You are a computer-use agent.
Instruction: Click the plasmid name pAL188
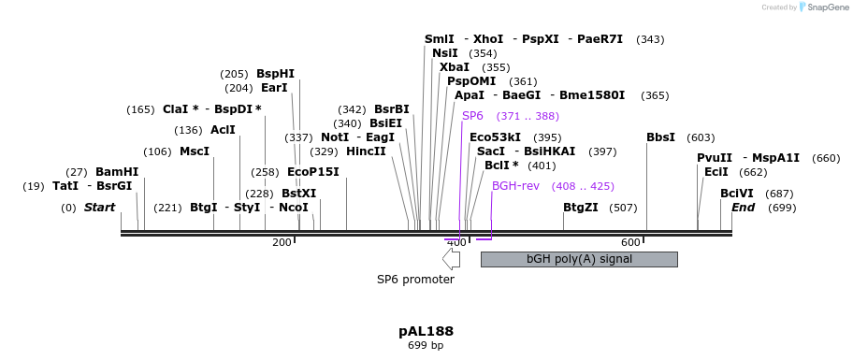point(426,331)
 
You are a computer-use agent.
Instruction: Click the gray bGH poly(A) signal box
point(578,259)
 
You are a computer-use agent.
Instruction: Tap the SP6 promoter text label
point(415,279)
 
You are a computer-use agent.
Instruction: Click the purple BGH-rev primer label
point(515,186)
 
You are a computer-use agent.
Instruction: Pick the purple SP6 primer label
point(472,116)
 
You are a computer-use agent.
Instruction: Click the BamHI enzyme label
point(116,172)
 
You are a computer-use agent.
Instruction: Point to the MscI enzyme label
point(195,151)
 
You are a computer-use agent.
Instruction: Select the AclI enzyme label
point(223,130)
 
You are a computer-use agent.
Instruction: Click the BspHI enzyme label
point(275,74)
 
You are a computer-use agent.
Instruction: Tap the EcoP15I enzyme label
point(312,172)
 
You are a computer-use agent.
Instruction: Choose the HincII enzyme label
point(366,151)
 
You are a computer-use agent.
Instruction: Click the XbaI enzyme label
point(455,67)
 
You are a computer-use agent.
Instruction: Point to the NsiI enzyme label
point(445,53)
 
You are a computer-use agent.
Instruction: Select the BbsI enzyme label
point(660,137)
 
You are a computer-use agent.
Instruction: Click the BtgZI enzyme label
point(580,208)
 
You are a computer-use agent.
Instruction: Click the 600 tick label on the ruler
point(629,243)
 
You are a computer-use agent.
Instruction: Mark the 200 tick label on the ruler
point(282,243)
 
